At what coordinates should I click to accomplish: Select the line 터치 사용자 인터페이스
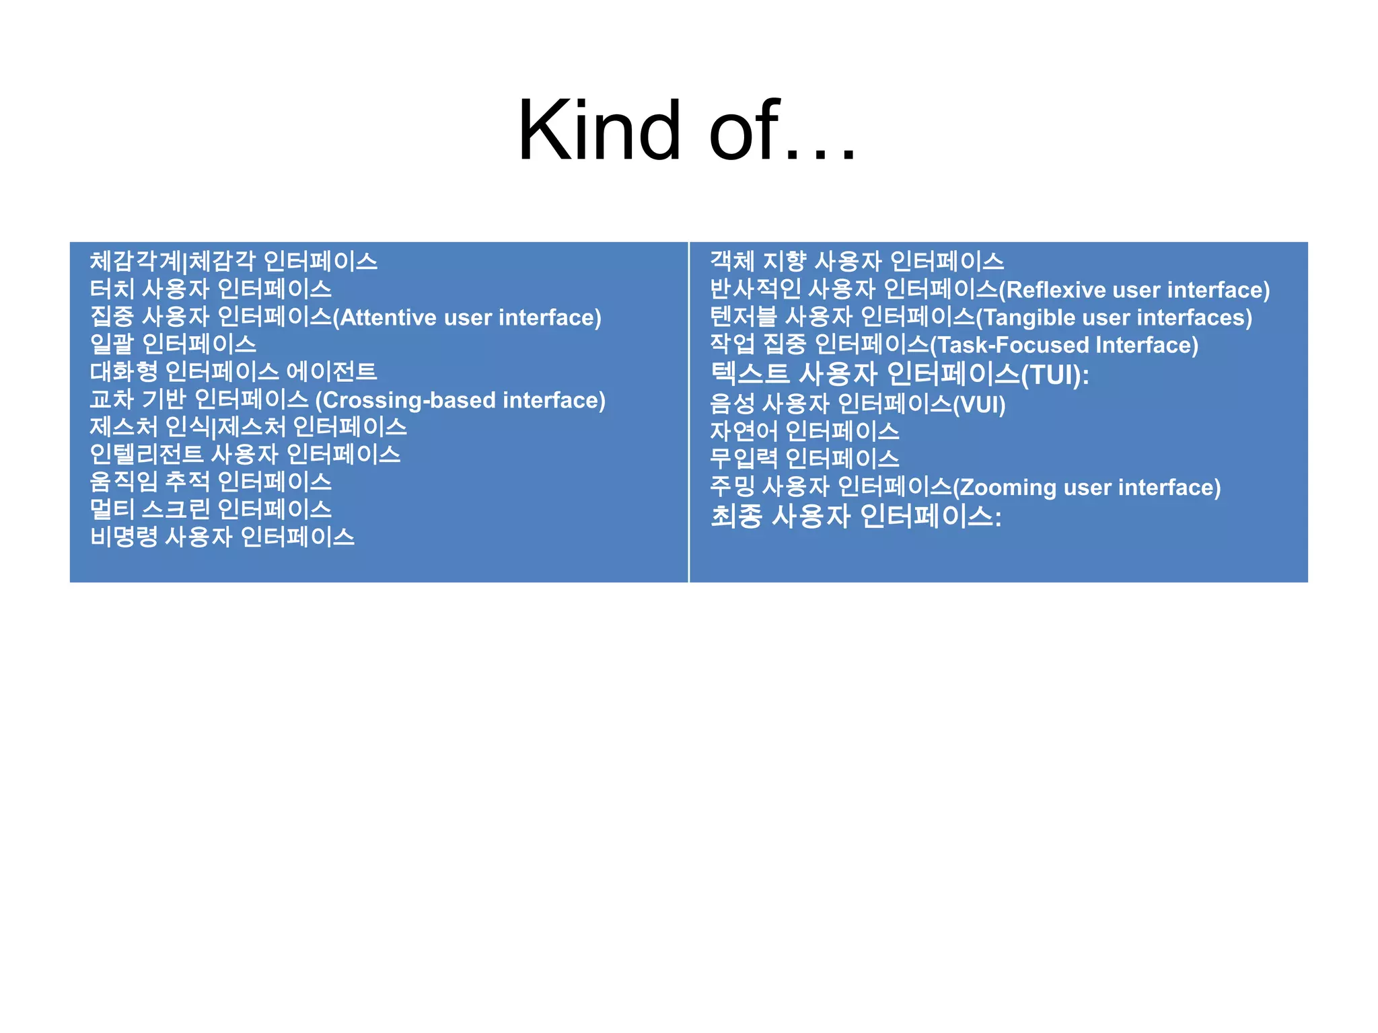pos(211,289)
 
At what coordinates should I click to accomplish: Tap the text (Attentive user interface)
pos(468,317)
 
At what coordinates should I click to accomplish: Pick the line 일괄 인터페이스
pos(173,344)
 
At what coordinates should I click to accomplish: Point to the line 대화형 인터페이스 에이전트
pos(233,372)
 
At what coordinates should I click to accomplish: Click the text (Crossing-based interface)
pos(461,400)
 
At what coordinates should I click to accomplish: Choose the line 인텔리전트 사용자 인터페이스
pos(245,455)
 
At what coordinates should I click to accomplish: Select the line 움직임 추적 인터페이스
pos(211,482)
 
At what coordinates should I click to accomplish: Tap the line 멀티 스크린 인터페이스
pos(211,509)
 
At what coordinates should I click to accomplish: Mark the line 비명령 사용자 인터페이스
pos(222,537)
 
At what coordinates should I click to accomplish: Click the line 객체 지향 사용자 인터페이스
pos(857,261)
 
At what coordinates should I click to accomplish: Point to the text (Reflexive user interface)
pos(1134,290)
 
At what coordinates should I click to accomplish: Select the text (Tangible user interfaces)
pos(1114,317)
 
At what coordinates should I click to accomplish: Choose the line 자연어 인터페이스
pos(805,431)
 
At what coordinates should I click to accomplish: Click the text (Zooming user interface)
pos(1087,487)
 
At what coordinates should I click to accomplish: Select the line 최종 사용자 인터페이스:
pos(856,516)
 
